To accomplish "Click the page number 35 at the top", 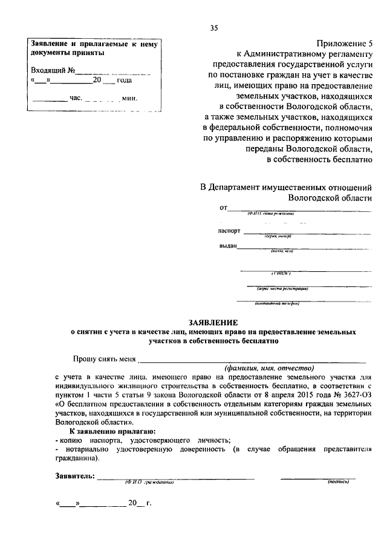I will coord(213,28).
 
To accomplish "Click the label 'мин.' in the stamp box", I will coord(130,98).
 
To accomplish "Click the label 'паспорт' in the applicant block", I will coord(229,231).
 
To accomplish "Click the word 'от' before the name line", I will coord(223,208).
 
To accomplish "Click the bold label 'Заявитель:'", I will coord(74,476).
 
